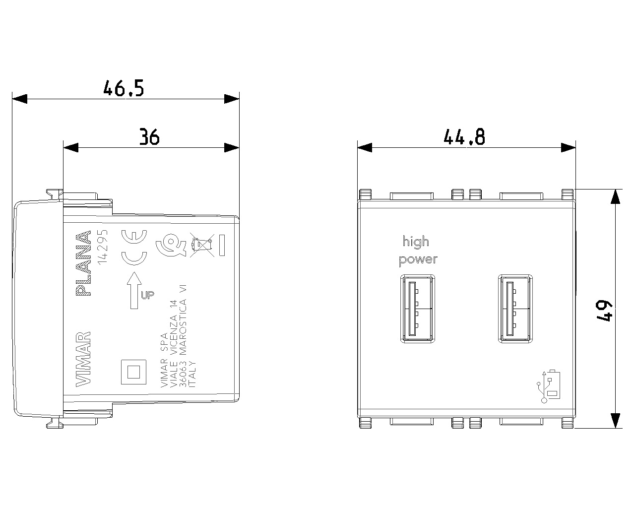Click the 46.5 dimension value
click(x=124, y=89)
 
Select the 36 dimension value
click(x=149, y=137)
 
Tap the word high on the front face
click(x=416, y=243)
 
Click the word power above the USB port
click(x=418, y=259)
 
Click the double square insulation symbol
click(x=134, y=371)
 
